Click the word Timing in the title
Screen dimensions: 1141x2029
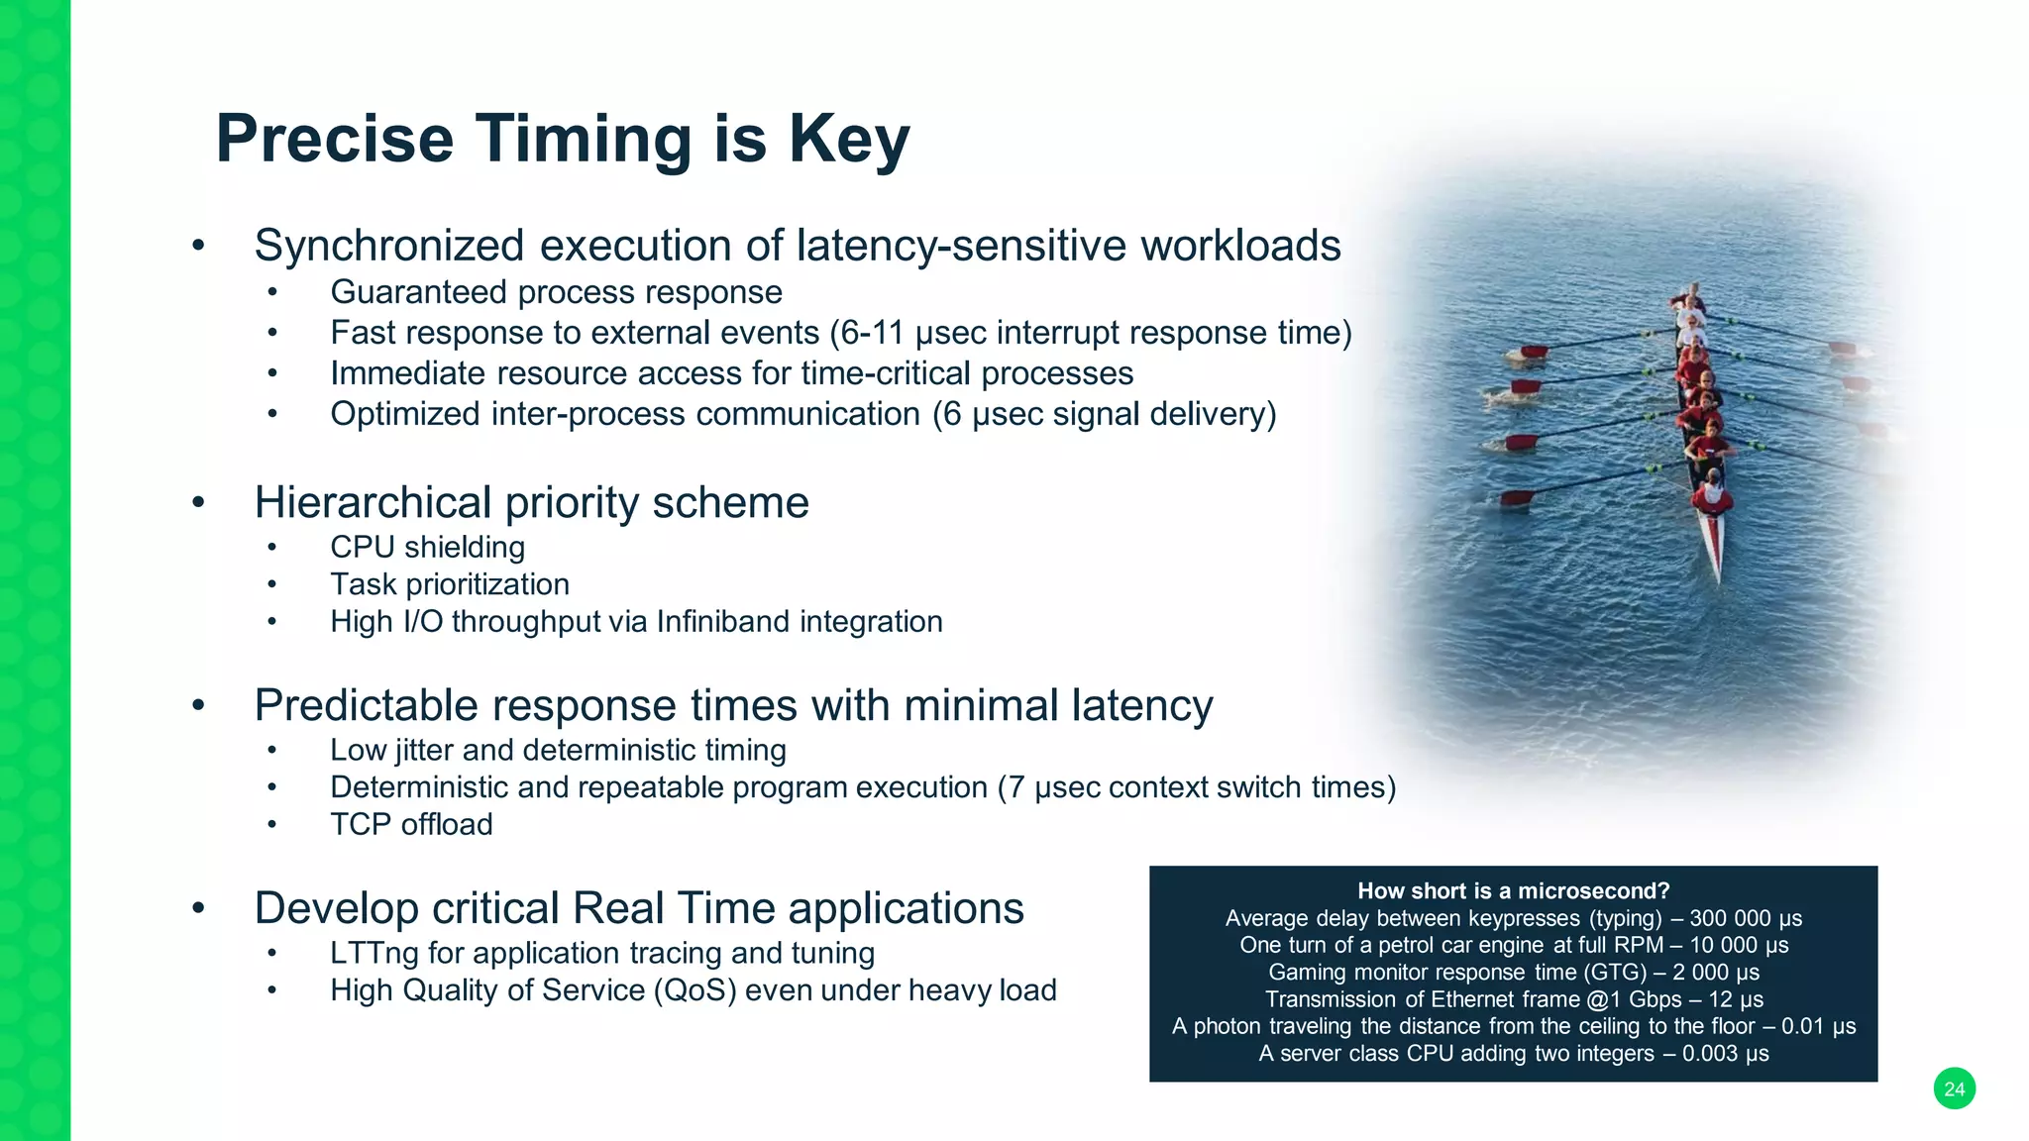point(583,139)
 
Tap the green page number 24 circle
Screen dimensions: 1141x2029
point(1954,1089)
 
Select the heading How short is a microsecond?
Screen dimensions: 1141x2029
point(1513,890)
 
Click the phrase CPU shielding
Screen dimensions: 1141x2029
point(427,547)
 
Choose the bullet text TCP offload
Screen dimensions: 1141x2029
point(411,824)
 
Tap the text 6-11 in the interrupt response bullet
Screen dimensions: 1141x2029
point(872,333)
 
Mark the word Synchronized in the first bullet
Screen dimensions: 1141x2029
point(388,246)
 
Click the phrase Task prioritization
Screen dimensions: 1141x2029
point(449,584)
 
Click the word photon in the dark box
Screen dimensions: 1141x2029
point(1228,1026)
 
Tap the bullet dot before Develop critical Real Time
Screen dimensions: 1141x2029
point(198,907)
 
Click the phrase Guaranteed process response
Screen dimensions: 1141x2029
point(556,292)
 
